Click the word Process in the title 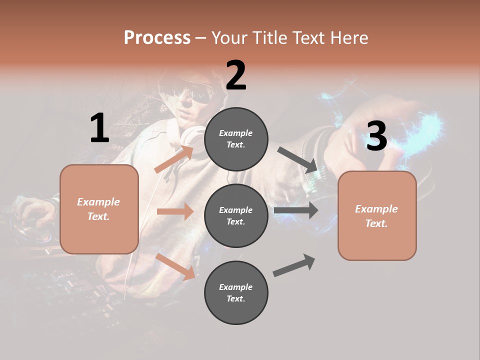click(157, 38)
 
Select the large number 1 click(99, 129)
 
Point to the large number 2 click(236, 76)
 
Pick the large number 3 click(376, 136)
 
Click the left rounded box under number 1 click(99, 209)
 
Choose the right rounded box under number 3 click(377, 216)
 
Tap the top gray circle click(236, 139)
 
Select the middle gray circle click(236, 215)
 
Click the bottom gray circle click(236, 292)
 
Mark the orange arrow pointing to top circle click(174, 159)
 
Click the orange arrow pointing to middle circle click(175, 211)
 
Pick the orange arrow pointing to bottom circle click(175, 266)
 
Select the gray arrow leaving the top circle click(298, 160)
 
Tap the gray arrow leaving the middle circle click(296, 210)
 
